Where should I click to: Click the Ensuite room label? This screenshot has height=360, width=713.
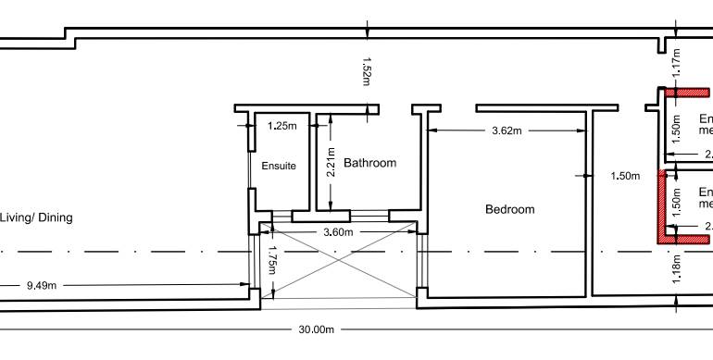coord(279,167)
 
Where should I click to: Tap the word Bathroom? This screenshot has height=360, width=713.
coord(369,163)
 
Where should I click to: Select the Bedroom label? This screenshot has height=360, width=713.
coord(510,209)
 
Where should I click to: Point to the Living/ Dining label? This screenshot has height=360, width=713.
coord(36,217)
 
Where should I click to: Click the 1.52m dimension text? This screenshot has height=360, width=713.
coord(366,70)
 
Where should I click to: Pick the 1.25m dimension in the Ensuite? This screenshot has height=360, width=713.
coord(282,125)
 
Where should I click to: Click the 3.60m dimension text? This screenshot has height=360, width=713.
coord(337,231)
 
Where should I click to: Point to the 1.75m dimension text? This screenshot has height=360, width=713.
coord(272,260)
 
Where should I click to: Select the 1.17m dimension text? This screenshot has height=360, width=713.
coord(676,62)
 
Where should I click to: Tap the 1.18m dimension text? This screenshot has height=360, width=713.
coord(676,268)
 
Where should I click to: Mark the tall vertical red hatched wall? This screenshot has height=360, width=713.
coord(663,205)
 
